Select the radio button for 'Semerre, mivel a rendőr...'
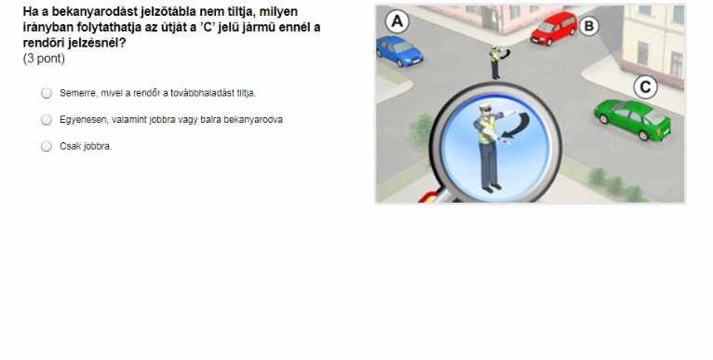pyautogui.click(x=47, y=93)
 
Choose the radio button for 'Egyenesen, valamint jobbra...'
pyautogui.click(x=47, y=120)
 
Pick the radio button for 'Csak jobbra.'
pyautogui.click(x=47, y=146)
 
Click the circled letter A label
pyautogui.click(x=397, y=21)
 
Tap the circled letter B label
pyautogui.click(x=589, y=26)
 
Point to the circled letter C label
pyautogui.click(x=646, y=87)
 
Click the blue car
pyautogui.click(x=398, y=51)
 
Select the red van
pyautogui.click(x=554, y=28)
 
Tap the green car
pyautogui.click(x=633, y=119)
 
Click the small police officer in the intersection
pyautogui.click(x=495, y=62)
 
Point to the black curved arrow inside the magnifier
pyautogui.click(x=519, y=125)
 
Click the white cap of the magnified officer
pyautogui.click(x=485, y=106)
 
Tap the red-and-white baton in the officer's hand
pyautogui.click(x=503, y=140)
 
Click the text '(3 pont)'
pyautogui.click(x=44, y=59)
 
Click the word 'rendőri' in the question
pyautogui.click(x=41, y=43)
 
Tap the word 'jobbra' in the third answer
pyautogui.click(x=99, y=146)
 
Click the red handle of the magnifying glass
pyautogui.click(x=427, y=198)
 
